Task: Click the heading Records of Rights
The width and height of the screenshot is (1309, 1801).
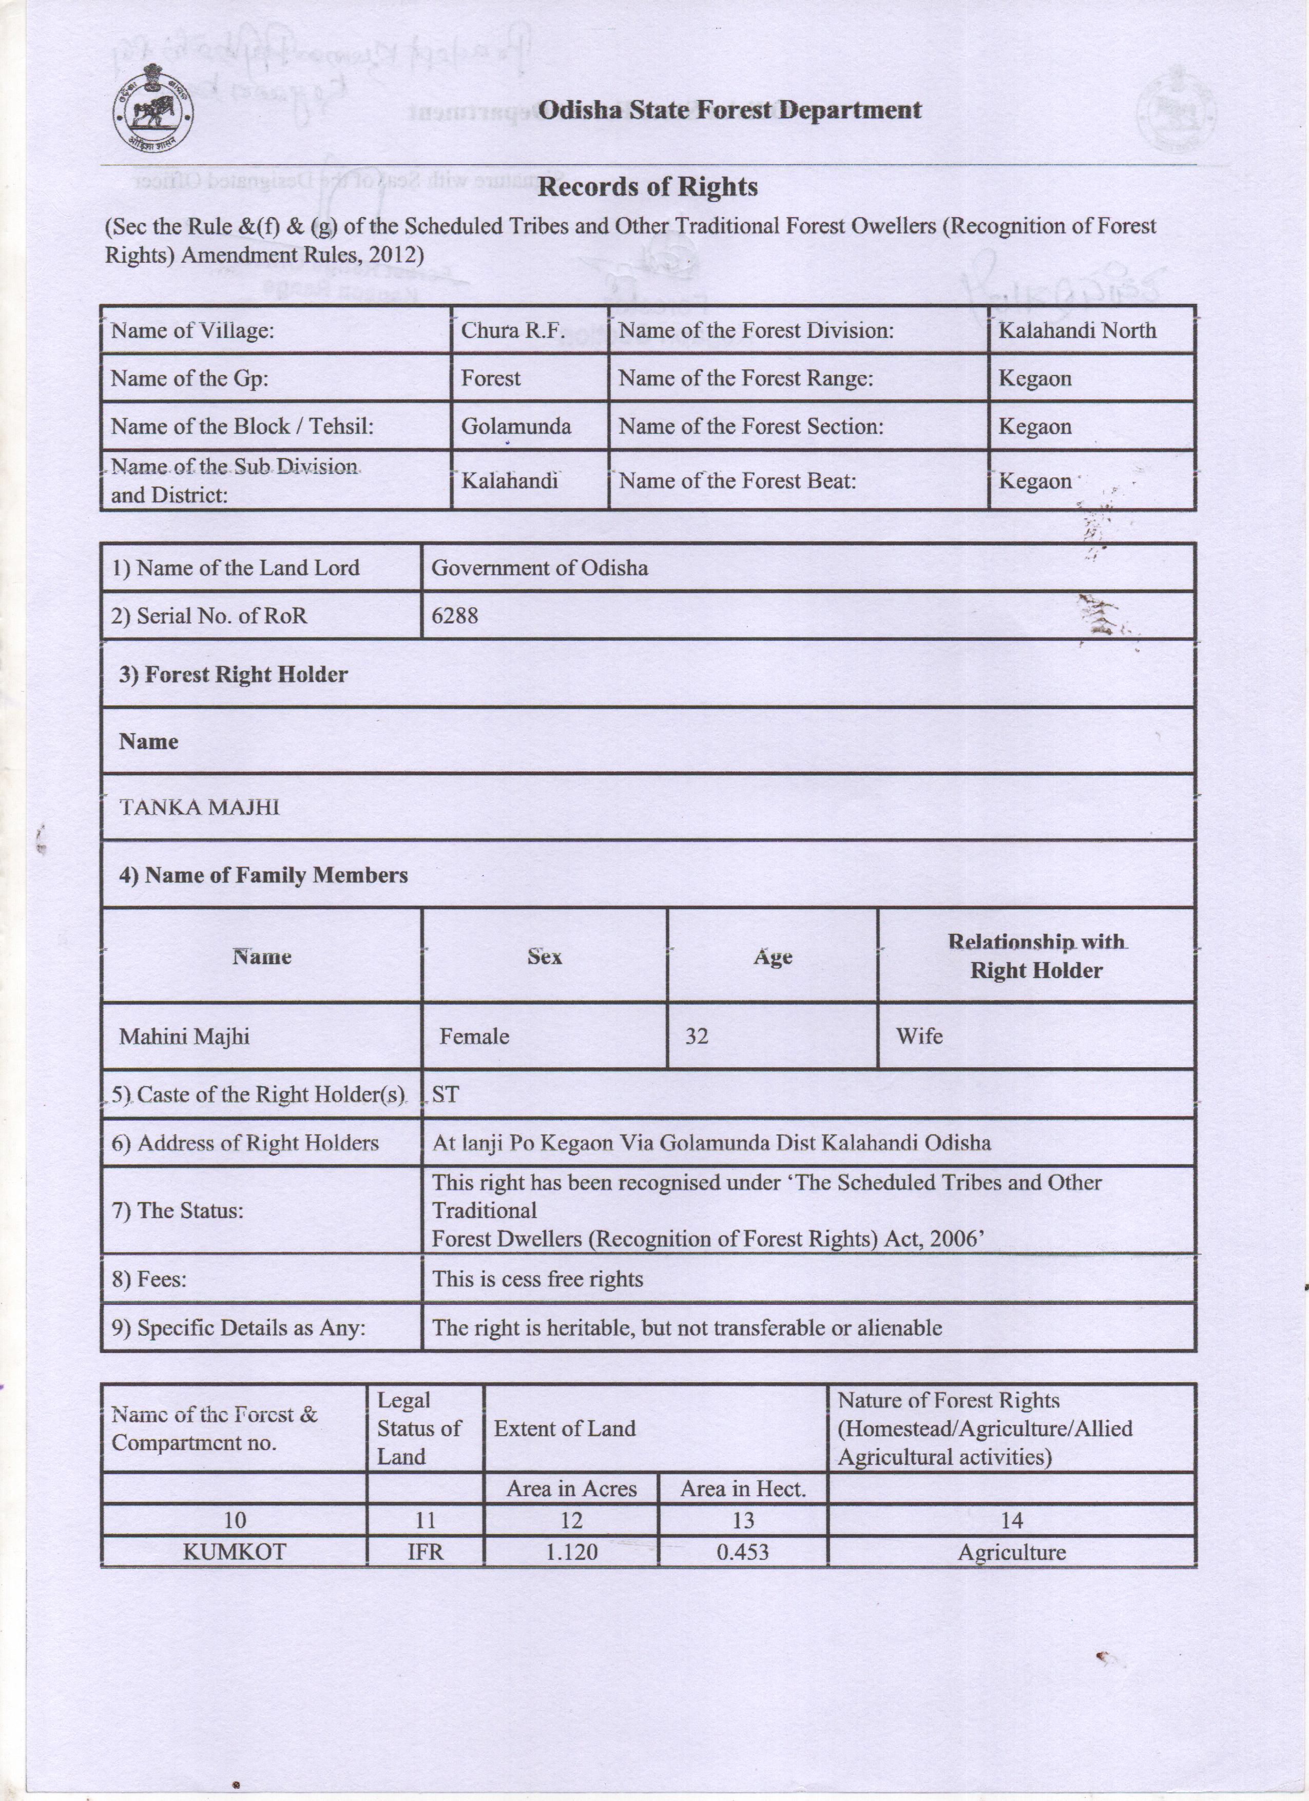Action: pyautogui.click(x=647, y=187)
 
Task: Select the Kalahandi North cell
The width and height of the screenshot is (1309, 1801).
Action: pyautogui.click(x=1076, y=330)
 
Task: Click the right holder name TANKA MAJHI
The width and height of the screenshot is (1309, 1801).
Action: pyautogui.click(x=199, y=808)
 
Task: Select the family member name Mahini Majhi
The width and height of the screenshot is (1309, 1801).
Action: pyautogui.click(x=184, y=1036)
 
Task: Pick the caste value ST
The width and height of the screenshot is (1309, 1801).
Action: pyautogui.click(x=445, y=1095)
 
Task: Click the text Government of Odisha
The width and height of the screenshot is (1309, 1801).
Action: pyautogui.click(x=540, y=568)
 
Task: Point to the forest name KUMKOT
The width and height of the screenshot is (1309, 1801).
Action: pyautogui.click(x=234, y=1553)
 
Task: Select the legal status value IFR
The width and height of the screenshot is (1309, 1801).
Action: pyautogui.click(x=425, y=1553)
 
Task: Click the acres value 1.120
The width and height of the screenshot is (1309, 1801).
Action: pyautogui.click(x=571, y=1553)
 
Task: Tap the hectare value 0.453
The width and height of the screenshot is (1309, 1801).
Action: pyautogui.click(x=743, y=1553)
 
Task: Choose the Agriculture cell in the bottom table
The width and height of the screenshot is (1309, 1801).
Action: pyautogui.click(x=1011, y=1553)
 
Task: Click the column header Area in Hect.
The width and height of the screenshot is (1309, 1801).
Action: pyautogui.click(x=743, y=1489)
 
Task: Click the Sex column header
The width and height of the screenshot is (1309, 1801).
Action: pyautogui.click(x=544, y=957)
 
